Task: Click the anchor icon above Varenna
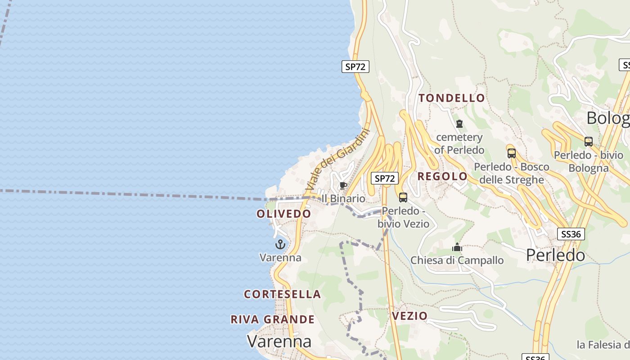point(280,244)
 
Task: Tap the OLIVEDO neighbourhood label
point(283,214)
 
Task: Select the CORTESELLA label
point(282,294)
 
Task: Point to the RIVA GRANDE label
point(273,319)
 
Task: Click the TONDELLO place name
point(452,98)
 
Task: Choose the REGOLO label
point(442,176)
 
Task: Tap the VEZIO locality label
point(409,316)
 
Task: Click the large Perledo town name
point(555,255)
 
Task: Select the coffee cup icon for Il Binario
point(343,186)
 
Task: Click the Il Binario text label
point(343,198)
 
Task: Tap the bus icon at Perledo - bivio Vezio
point(403,197)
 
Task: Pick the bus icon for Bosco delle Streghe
point(511,153)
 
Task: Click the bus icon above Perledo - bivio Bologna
point(588,141)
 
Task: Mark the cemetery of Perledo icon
point(459,123)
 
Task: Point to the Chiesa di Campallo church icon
point(457,247)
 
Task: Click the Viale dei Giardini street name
point(337,159)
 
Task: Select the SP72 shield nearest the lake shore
point(355,67)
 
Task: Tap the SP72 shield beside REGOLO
point(385,178)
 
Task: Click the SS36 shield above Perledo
point(571,234)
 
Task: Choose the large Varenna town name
point(279,341)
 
